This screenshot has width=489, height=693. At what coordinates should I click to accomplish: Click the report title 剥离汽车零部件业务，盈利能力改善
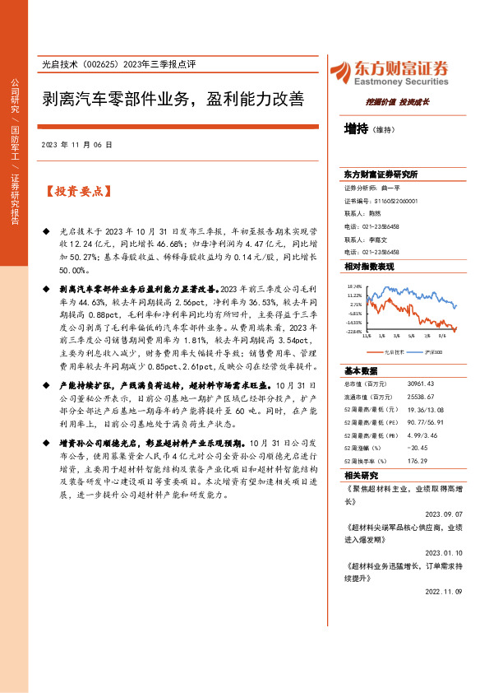[173, 100]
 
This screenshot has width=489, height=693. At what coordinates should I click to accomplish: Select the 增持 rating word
[356, 128]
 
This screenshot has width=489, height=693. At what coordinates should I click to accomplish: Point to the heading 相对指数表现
[370, 267]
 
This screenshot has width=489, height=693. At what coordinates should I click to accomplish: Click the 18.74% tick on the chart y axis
[353, 285]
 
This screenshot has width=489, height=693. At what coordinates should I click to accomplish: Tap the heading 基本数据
[361, 370]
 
